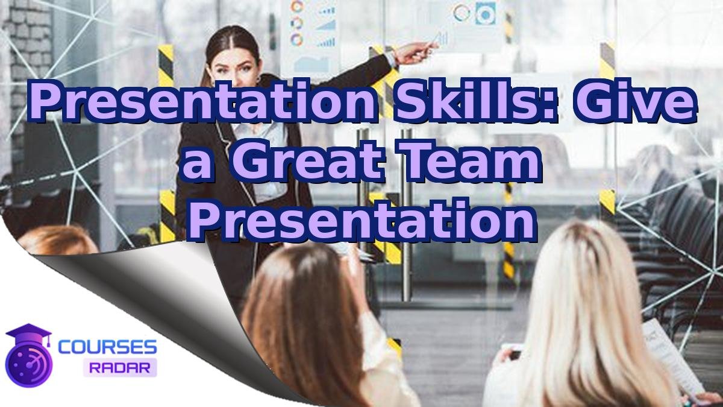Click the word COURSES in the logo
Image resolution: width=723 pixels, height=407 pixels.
(x=108, y=347)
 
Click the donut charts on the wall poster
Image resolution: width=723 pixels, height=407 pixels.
(x=297, y=24)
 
